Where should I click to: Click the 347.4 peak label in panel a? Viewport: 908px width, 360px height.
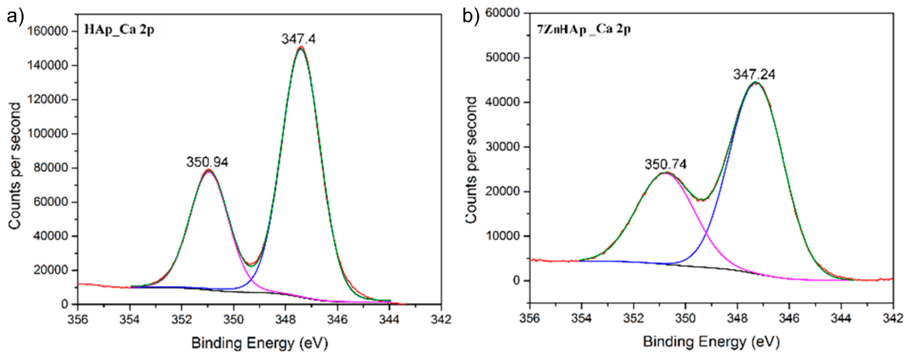pyautogui.click(x=298, y=39)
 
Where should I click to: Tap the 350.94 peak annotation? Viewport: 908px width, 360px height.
pyautogui.click(x=207, y=162)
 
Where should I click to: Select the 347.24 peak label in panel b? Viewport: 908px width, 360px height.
pyautogui.click(x=754, y=75)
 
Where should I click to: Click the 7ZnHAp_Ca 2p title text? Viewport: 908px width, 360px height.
pyautogui.click(x=583, y=29)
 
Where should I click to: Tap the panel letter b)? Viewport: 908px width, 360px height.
pyautogui.click(x=471, y=16)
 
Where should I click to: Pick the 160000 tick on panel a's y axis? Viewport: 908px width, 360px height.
pyautogui.click(x=47, y=31)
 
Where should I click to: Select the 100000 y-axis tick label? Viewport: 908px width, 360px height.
pyautogui.click(x=47, y=134)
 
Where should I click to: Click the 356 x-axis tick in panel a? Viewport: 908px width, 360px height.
pyautogui.click(x=78, y=319)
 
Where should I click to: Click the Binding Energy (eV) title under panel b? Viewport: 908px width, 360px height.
pyautogui.click(x=711, y=342)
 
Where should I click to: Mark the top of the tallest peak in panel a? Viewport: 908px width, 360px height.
pyautogui.click(x=300, y=48)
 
